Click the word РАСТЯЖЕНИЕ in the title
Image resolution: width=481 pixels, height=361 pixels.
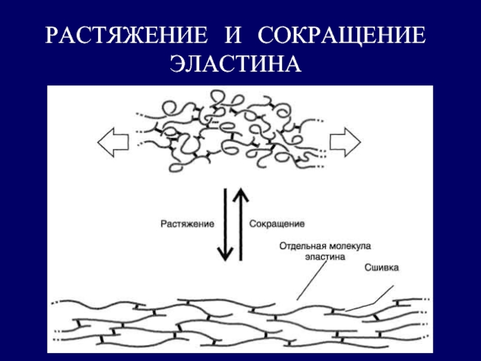click(126, 35)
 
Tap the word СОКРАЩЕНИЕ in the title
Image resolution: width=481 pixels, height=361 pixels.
click(342, 35)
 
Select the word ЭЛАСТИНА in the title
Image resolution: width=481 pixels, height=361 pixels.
click(236, 64)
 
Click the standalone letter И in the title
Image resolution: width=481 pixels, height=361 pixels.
click(233, 35)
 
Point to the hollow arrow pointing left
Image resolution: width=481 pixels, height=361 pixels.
click(113, 143)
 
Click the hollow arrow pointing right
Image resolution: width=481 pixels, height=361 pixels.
click(345, 143)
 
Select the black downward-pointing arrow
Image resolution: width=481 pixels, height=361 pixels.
click(225, 224)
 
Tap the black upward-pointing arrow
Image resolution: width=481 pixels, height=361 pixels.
click(241, 224)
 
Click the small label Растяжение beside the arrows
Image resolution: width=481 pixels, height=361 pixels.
click(187, 224)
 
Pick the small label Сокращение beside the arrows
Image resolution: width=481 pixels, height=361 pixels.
click(277, 224)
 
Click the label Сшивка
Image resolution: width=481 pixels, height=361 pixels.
click(382, 268)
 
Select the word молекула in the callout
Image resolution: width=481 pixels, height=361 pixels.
click(349, 246)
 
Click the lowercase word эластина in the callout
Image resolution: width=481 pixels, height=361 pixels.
click(325, 257)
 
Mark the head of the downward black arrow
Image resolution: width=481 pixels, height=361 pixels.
click(225, 253)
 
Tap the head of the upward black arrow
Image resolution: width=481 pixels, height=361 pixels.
click(241, 196)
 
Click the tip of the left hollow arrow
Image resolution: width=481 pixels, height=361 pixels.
click(98, 143)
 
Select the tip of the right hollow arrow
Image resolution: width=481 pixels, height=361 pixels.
click(360, 143)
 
